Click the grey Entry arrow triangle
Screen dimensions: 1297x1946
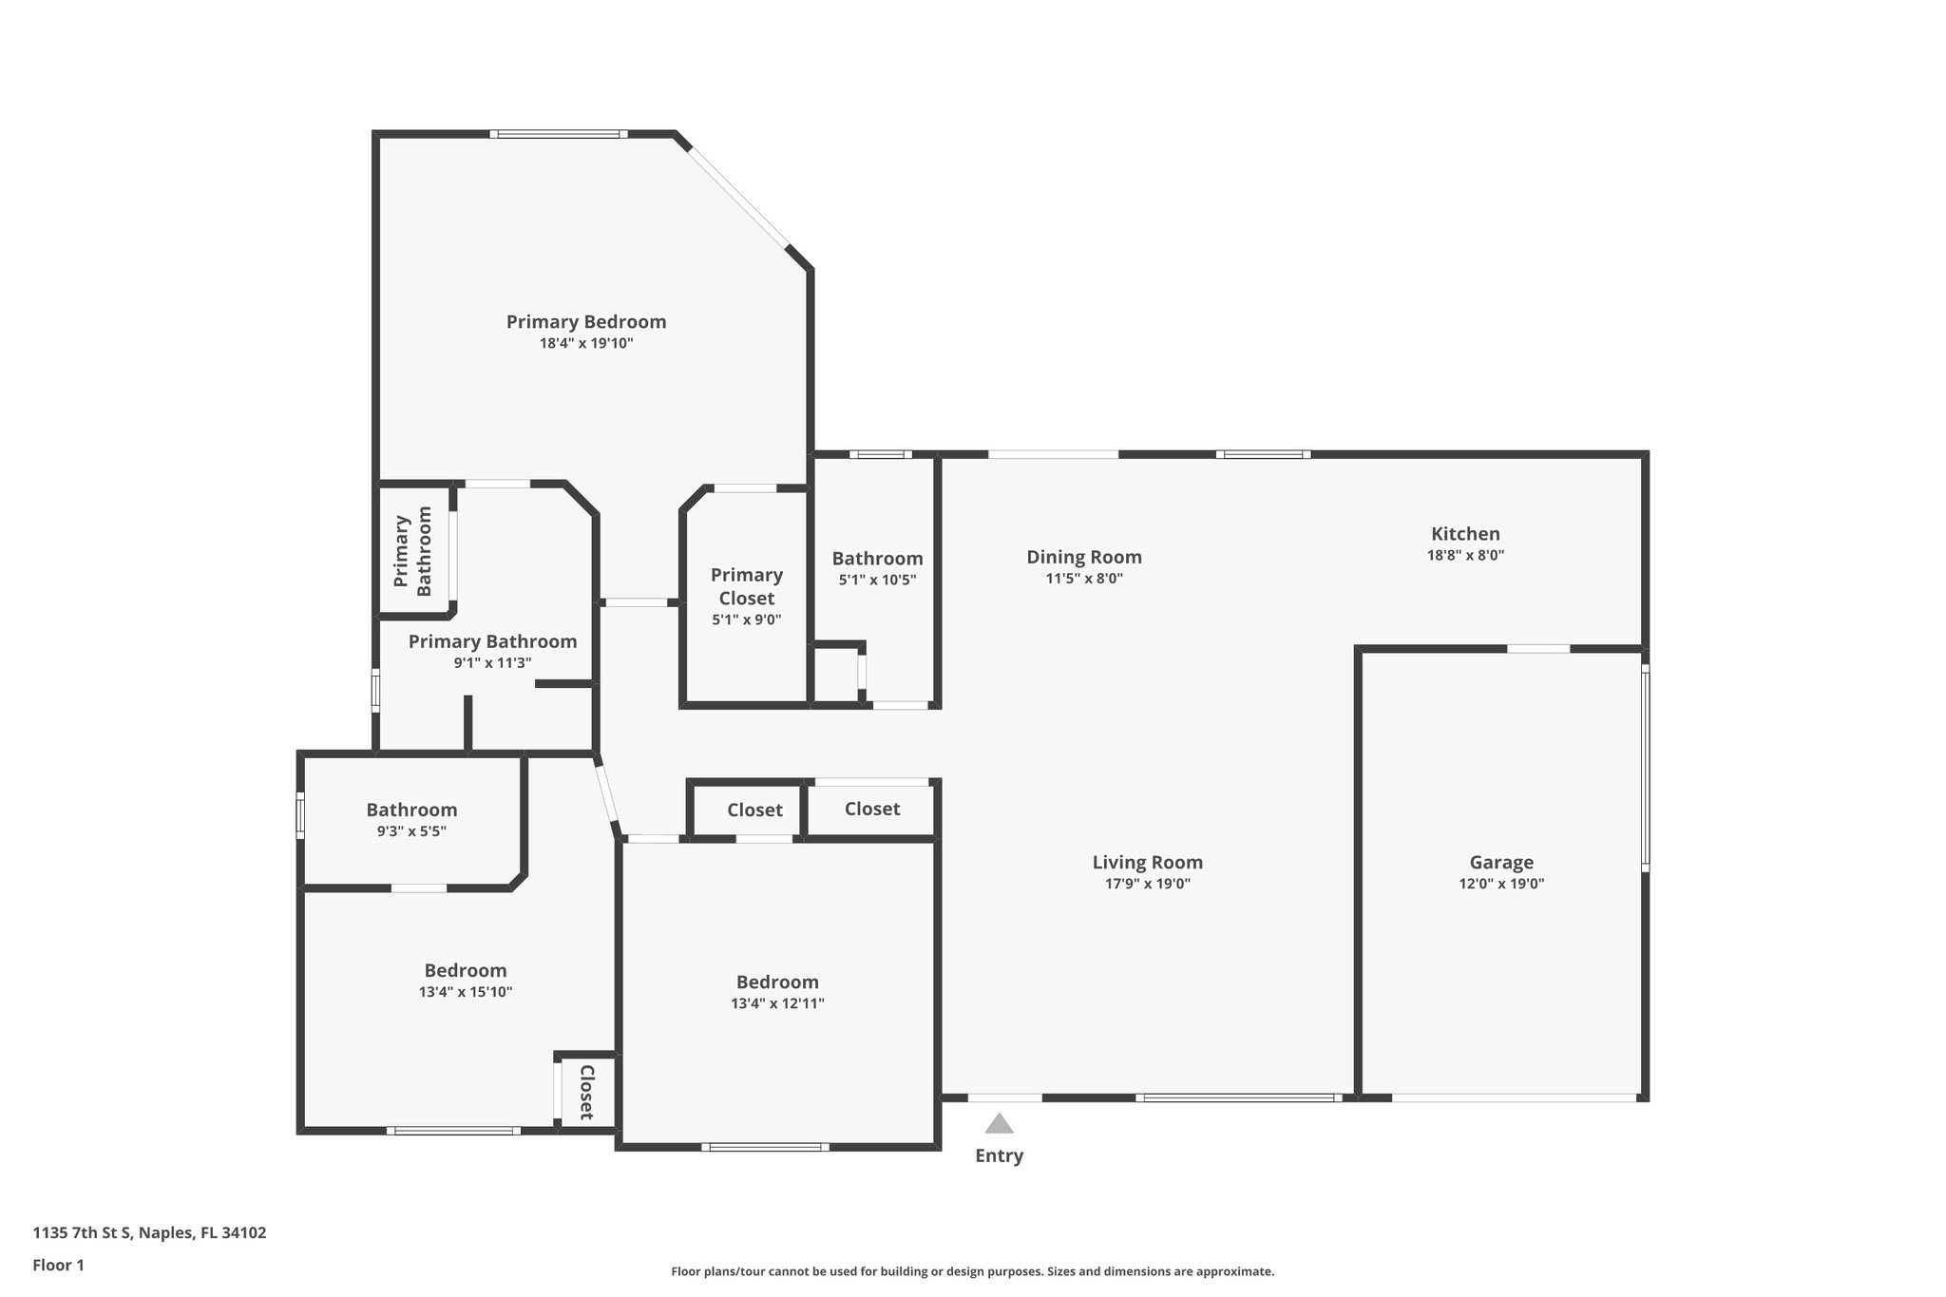click(x=999, y=1125)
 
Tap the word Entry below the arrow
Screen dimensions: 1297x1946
click(x=999, y=1155)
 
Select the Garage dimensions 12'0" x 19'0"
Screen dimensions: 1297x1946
click(x=1501, y=884)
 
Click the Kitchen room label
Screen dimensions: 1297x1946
click(x=1465, y=534)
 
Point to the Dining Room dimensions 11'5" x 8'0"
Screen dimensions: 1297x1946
click(x=1084, y=578)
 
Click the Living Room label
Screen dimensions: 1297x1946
click(x=1147, y=862)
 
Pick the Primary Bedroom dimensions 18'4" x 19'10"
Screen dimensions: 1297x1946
click(x=586, y=343)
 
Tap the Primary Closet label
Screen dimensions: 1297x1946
click(x=746, y=586)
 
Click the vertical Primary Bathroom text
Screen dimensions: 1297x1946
click(x=413, y=551)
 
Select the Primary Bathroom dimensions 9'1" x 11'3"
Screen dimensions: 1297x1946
click(x=492, y=663)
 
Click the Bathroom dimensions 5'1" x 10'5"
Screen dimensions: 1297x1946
click(x=877, y=580)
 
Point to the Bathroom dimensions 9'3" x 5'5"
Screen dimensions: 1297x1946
click(x=411, y=831)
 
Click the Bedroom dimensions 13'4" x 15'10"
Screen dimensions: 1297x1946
click(x=466, y=992)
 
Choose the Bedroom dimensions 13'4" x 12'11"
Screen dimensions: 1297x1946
click(x=777, y=1003)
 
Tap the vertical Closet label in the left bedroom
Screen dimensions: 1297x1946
click(x=586, y=1093)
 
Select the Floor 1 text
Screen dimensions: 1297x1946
click(x=58, y=1265)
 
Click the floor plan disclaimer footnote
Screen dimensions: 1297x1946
click(x=972, y=1271)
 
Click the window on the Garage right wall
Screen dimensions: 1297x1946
click(x=1645, y=767)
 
